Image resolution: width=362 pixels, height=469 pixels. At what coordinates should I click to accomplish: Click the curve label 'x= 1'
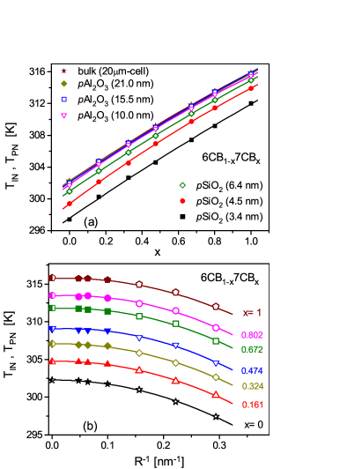pos(252,313)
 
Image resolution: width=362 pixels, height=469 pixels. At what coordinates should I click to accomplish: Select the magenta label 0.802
pos(252,335)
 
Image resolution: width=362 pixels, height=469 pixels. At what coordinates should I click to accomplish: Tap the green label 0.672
pos(252,350)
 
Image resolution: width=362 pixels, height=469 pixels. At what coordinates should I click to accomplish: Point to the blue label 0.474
pos(252,371)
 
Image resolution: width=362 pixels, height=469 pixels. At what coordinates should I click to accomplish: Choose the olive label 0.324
pos(252,386)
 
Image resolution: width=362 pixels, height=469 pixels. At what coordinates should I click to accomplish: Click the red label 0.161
pos(252,405)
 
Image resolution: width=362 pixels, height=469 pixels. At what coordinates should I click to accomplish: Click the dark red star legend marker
pos(63,71)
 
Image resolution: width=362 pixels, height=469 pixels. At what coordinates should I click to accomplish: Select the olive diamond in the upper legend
pos(63,84)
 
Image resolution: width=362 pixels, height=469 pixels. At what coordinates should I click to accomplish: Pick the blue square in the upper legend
pos(63,99)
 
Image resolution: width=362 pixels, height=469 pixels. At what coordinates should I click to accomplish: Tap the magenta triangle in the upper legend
pos(63,115)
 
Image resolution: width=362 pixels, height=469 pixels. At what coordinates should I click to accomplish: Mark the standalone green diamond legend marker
pos(182,185)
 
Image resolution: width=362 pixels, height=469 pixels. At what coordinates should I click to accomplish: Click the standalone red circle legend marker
pos(182,201)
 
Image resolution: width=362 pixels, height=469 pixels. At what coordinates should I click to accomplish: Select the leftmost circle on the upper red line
pos(69,204)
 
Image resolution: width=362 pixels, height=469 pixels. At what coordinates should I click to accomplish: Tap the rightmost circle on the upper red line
pos(251,87)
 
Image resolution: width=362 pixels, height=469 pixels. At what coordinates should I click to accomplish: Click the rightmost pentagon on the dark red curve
pos(216,306)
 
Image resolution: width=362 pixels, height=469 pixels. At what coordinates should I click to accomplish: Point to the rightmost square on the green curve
pos(216,341)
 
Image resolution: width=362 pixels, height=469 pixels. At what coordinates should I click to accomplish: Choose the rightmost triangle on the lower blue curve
pos(216,362)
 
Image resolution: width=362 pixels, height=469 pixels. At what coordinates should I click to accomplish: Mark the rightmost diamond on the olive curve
pos(216,377)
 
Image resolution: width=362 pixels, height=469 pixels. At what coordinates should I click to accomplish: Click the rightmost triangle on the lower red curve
pos(216,394)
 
